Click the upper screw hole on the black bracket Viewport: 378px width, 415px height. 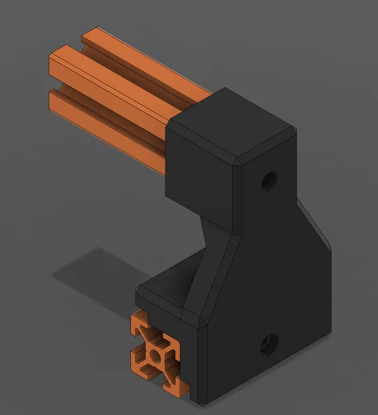click(269, 179)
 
